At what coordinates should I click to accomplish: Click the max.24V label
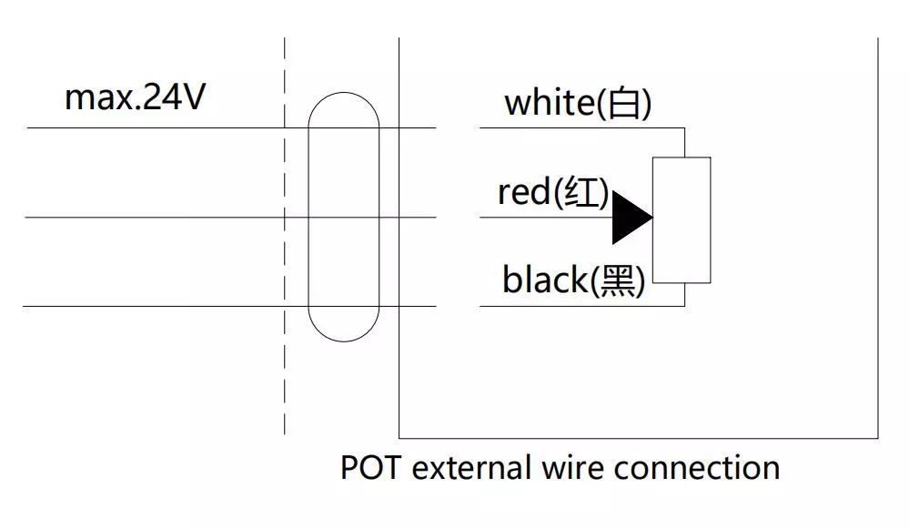(135, 97)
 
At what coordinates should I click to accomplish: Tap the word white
(549, 103)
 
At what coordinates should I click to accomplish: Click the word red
(523, 192)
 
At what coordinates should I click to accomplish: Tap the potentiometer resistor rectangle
(682, 219)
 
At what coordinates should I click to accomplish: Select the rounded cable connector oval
(343, 217)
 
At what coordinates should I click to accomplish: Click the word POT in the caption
(369, 468)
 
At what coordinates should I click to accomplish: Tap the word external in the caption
(470, 468)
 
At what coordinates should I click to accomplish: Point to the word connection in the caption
(696, 468)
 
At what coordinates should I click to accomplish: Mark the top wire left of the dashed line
(155, 127)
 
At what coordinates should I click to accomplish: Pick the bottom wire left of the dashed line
(155, 306)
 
